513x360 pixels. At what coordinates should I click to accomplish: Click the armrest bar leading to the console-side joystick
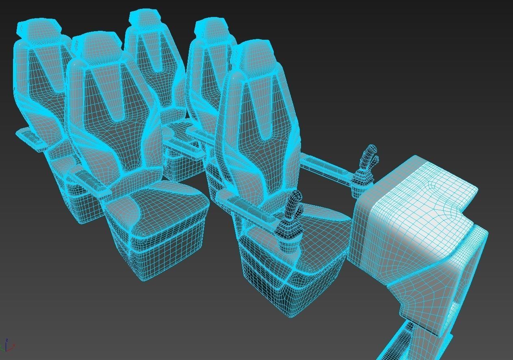pos(325,166)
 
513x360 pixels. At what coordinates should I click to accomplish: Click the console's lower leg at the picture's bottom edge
pos(402,345)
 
